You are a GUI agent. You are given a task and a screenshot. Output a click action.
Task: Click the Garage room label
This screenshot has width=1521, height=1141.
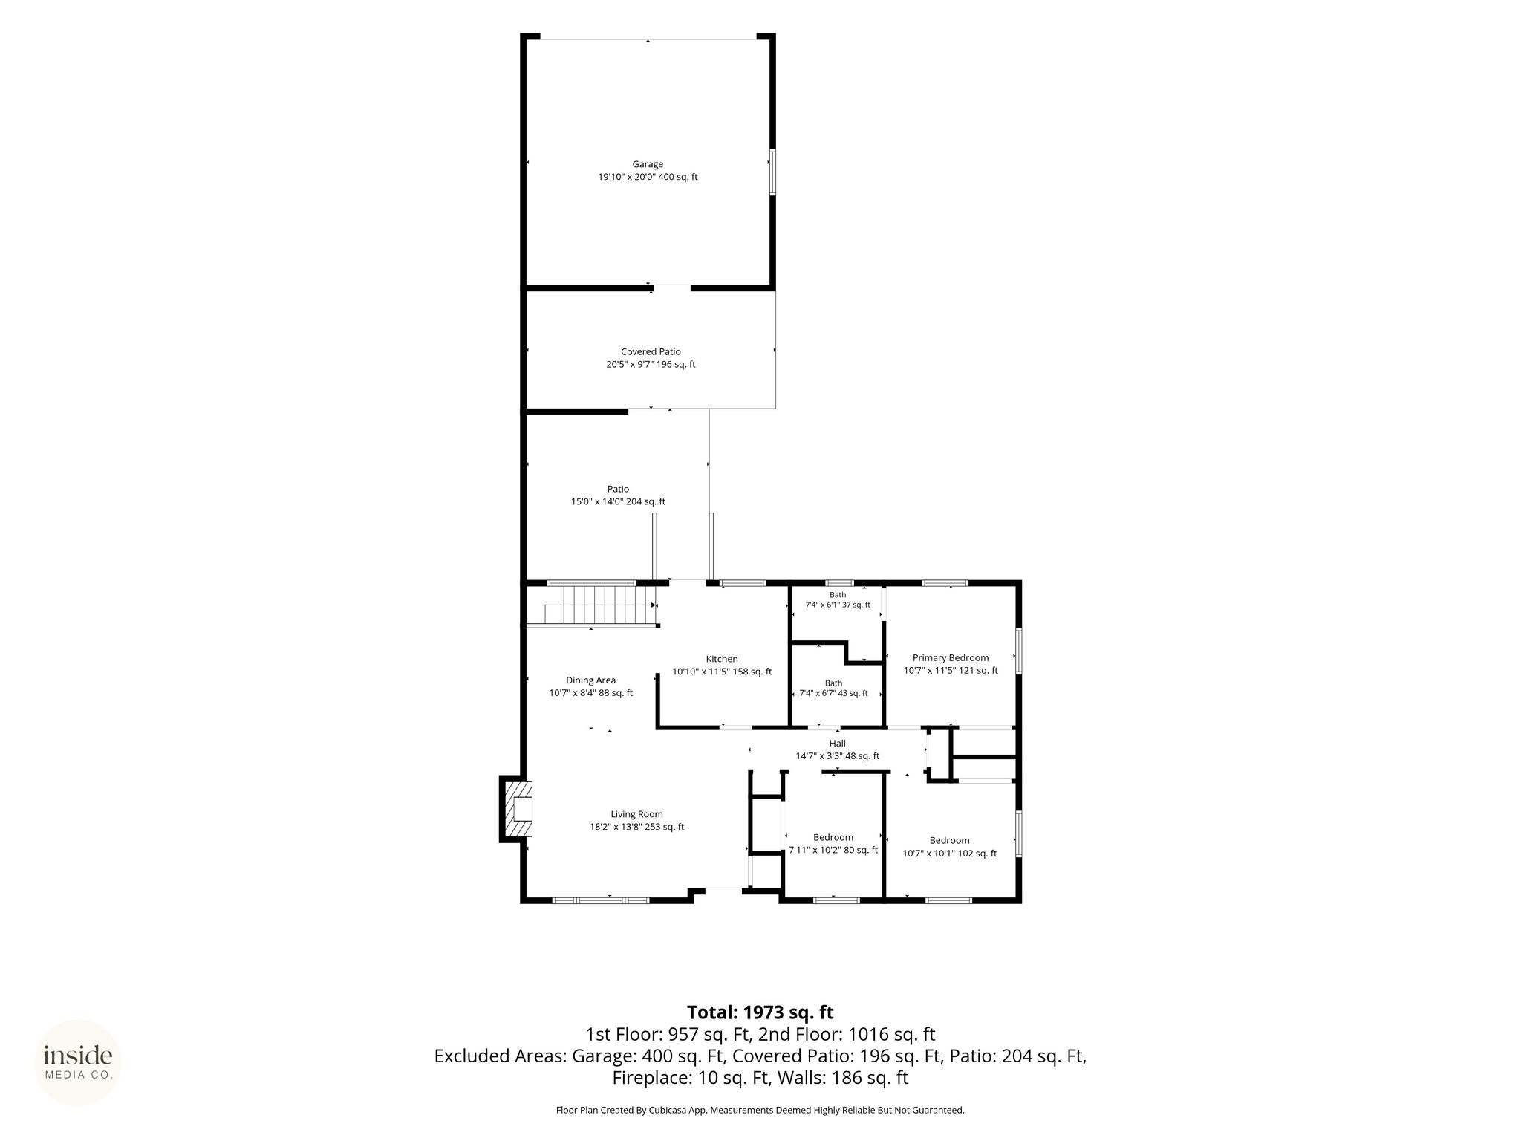[x=648, y=164]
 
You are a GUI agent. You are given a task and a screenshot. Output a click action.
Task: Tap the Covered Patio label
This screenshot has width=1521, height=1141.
[x=651, y=351]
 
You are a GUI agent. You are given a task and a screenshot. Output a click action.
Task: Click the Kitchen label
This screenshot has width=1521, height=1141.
[x=722, y=659]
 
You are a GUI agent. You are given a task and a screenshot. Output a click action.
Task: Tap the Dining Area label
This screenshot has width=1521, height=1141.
[x=590, y=680]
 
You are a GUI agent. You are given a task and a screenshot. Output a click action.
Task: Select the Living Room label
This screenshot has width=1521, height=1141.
[x=636, y=814]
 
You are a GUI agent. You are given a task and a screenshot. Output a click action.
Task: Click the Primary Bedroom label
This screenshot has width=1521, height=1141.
[x=951, y=657]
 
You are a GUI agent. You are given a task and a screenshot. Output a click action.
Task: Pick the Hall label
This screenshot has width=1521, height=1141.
[x=837, y=743]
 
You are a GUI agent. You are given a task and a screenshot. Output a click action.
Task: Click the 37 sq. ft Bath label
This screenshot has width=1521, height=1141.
[x=838, y=595]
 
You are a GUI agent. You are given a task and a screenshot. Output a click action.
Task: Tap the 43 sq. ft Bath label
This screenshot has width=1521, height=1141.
[x=833, y=683]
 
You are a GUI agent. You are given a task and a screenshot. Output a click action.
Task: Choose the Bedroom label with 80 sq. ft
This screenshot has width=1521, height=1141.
[x=833, y=837]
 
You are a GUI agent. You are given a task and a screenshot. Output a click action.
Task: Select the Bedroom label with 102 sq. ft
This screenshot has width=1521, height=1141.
[x=949, y=840]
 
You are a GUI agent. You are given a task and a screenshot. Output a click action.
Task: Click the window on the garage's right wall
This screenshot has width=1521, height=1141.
[x=772, y=172]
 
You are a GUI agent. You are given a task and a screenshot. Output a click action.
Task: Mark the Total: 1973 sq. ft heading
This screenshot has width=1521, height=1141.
[x=760, y=1012]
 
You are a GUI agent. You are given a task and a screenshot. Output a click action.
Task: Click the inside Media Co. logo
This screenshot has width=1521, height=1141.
[x=78, y=1062]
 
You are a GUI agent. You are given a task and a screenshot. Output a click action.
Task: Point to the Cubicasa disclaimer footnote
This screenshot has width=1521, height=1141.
[x=760, y=1110]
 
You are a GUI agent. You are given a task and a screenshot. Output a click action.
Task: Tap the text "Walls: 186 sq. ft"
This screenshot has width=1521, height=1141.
[x=842, y=1077]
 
